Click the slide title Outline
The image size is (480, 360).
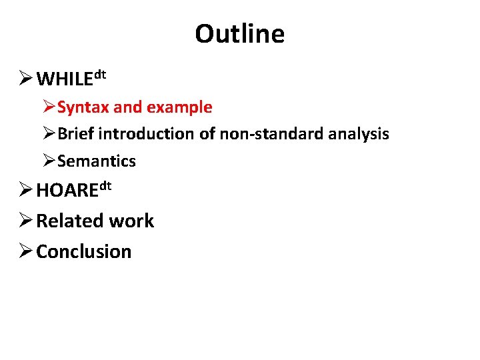coord(239,34)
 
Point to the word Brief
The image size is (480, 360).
coord(77,134)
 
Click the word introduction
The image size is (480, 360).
coord(147,134)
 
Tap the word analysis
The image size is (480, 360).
coord(359,134)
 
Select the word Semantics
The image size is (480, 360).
coord(97,161)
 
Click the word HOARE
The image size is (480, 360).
coord(67,191)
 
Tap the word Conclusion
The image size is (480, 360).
coord(84,252)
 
